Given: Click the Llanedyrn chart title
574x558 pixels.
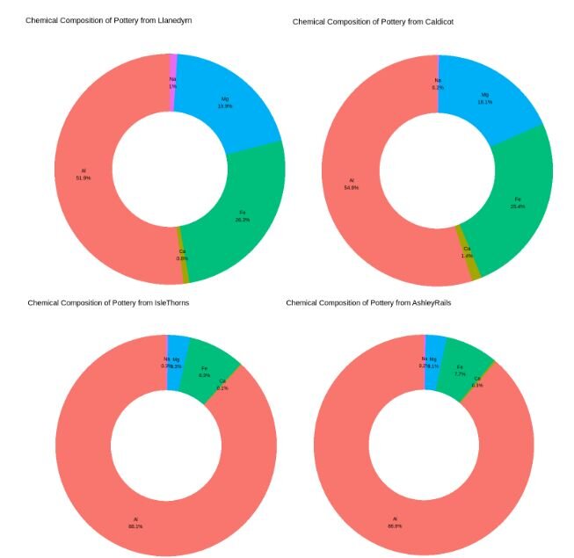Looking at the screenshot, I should click(109, 19).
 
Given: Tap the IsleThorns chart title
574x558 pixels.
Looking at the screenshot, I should click(108, 302).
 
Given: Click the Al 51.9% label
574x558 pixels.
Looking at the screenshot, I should click(84, 173).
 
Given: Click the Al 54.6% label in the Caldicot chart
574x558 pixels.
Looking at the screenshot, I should click(352, 185).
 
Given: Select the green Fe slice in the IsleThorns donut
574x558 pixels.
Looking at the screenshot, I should click(209, 369).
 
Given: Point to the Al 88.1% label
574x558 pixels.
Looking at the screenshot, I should click(135, 523).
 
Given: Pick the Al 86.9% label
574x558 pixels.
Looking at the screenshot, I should click(395, 522).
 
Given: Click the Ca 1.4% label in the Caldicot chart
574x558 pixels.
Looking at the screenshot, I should click(467, 251).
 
